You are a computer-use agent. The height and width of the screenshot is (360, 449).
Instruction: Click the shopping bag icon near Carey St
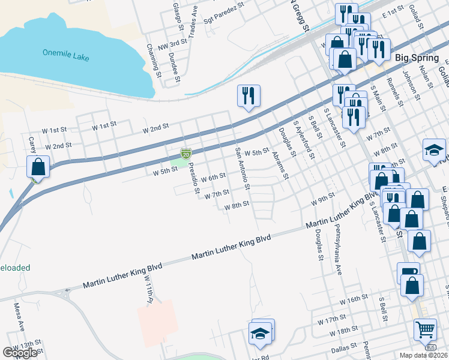pos(38,167)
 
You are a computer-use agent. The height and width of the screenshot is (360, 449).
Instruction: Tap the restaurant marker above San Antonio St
pos(248,96)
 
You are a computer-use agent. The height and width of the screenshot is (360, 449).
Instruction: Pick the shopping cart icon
pos(425,329)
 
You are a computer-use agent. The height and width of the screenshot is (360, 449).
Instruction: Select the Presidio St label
pos(194,177)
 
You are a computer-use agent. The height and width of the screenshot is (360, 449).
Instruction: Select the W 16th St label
pos(353,299)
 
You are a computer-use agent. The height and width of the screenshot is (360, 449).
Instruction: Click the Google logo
pos(20,353)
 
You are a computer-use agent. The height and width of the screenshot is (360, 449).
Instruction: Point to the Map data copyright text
pos(424,355)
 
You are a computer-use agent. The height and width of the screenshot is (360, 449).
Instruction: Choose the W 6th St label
pos(213,178)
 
